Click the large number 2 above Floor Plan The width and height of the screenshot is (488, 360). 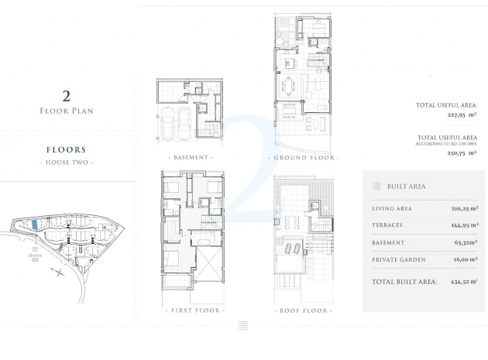tap(67, 96)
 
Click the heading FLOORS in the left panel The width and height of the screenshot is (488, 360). tap(67, 149)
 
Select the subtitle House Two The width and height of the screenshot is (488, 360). tap(67, 163)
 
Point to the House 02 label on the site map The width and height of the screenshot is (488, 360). tap(34, 256)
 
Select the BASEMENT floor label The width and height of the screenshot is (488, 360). tap(190, 157)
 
